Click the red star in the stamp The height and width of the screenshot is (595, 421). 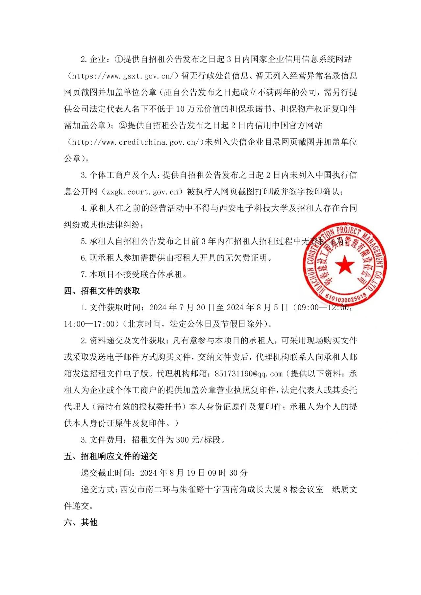(x=345, y=265)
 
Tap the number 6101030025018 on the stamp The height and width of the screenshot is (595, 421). (x=346, y=296)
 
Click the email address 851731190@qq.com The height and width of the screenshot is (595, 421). (x=248, y=374)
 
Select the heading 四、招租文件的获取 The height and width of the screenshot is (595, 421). (x=102, y=291)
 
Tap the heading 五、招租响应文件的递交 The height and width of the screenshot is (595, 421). (x=111, y=456)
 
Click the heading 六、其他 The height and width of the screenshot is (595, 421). (x=81, y=522)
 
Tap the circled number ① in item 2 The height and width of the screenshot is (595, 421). (x=118, y=59)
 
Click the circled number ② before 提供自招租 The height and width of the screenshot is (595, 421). (x=123, y=126)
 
